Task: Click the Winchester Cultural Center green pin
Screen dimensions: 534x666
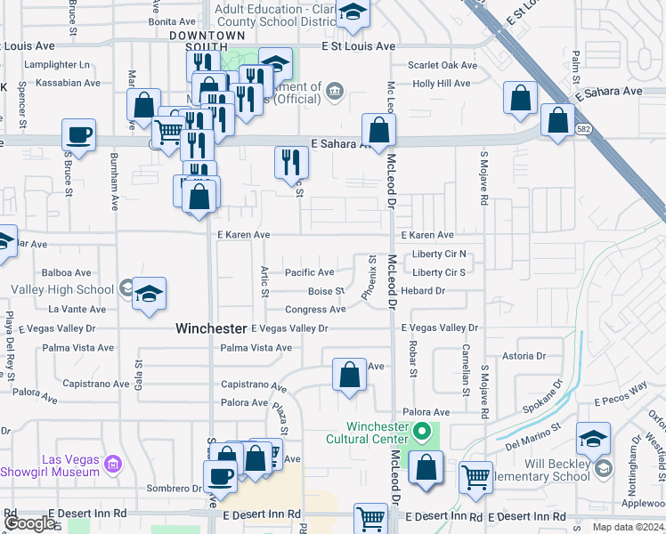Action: click(424, 434)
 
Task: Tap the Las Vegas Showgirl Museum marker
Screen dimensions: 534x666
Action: click(112, 465)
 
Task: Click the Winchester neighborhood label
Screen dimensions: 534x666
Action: click(210, 328)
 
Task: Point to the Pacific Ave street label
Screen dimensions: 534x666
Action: click(309, 272)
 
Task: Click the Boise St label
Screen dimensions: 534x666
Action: click(326, 291)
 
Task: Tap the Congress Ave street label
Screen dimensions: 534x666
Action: click(315, 310)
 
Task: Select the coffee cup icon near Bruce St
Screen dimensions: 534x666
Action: click(79, 135)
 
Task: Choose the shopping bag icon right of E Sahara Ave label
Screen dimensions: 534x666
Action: click(378, 129)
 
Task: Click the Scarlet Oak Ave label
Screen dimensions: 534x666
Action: click(443, 65)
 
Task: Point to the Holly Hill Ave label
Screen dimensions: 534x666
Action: click(441, 84)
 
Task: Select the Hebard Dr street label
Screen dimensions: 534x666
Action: click(423, 291)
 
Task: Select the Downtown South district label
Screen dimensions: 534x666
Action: click(207, 36)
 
